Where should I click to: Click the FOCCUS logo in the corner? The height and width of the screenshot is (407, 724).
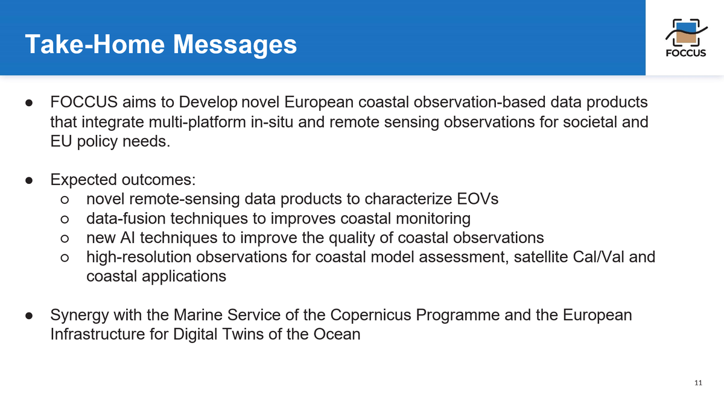(685, 37)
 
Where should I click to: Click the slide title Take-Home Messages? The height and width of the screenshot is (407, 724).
(161, 44)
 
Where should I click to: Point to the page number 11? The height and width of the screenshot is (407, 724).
(699, 383)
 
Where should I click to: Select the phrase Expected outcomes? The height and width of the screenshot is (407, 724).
(124, 180)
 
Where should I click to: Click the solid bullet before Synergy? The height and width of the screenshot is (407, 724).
(28, 316)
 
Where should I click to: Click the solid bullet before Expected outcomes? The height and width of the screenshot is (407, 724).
(28, 180)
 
